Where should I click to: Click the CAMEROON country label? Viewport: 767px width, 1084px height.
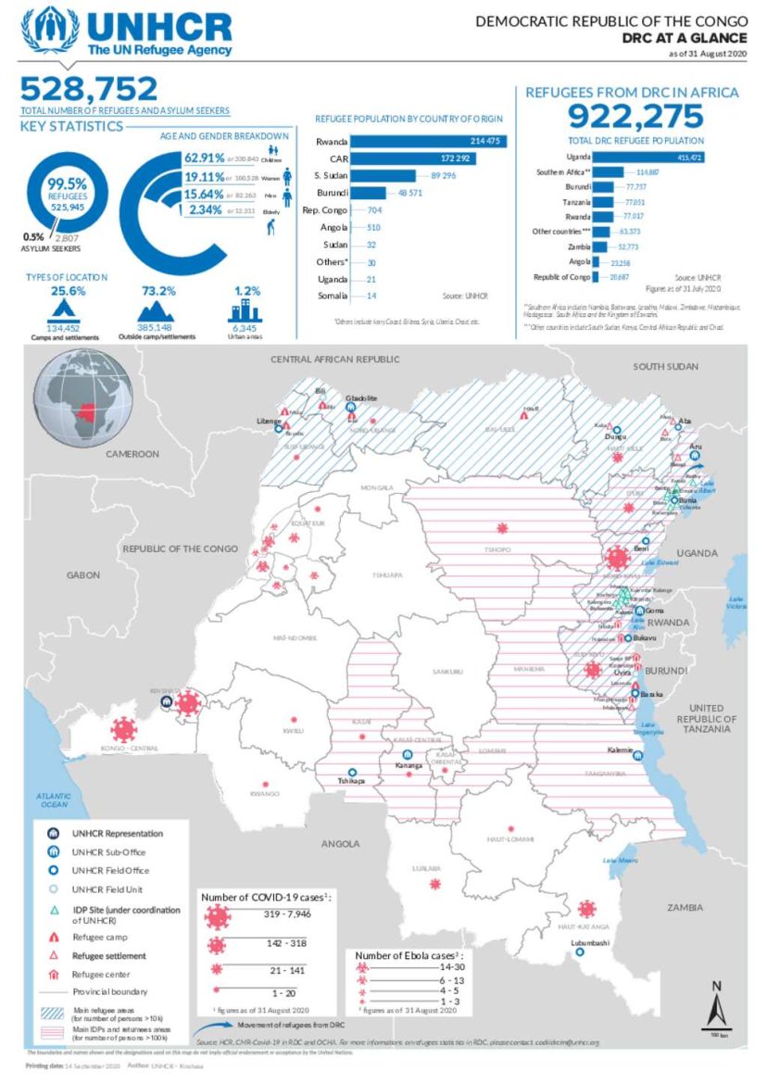coord(132,454)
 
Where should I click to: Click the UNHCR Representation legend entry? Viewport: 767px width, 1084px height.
coord(118,833)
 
